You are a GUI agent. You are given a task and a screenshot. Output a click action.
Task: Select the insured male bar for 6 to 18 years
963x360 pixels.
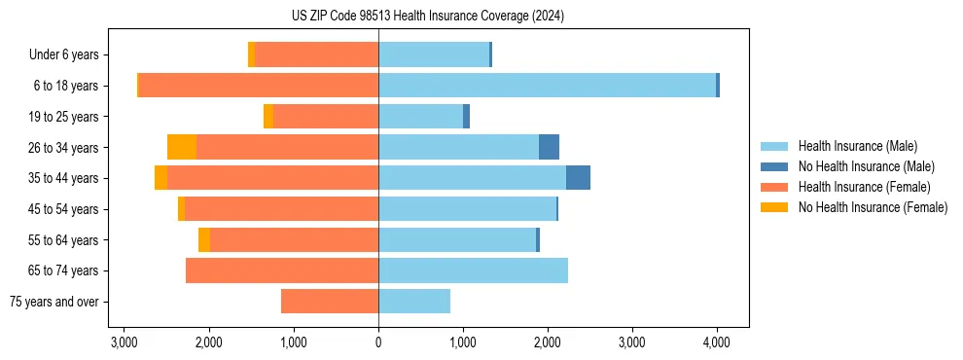(x=547, y=86)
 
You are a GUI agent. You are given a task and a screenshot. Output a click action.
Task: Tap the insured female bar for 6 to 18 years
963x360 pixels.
(x=259, y=86)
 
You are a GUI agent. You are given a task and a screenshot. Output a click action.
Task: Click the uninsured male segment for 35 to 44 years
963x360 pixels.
(x=578, y=178)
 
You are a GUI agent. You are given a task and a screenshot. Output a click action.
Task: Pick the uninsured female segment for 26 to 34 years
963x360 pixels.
(x=182, y=147)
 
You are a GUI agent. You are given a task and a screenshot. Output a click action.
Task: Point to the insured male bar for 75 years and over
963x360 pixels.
(x=414, y=302)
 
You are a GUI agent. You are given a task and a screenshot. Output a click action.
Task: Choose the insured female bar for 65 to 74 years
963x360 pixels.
(x=282, y=270)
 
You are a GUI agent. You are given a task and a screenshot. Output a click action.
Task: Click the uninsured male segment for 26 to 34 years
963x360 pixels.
(x=549, y=147)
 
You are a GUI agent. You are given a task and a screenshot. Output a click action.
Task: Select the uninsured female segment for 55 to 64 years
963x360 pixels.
(x=204, y=240)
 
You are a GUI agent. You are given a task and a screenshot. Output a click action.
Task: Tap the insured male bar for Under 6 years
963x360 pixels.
(x=434, y=54)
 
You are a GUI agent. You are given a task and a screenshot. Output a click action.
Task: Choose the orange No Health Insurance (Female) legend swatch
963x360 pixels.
(x=774, y=207)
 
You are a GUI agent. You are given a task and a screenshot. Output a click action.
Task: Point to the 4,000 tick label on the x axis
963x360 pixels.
(x=717, y=342)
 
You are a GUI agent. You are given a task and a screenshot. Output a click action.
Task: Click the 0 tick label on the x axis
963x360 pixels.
(x=378, y=342)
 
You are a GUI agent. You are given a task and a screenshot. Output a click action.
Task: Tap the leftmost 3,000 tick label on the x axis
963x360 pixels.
(x=125, y=342)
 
